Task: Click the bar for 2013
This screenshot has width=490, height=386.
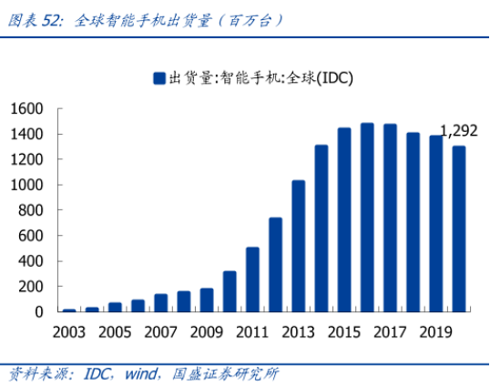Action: tap(299, 246)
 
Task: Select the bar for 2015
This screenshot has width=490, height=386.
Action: tap(344, 220)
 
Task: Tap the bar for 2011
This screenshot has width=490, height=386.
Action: tap(252, 279)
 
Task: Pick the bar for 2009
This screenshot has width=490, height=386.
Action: tap(207, 300)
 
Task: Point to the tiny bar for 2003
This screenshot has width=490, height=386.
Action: tap(69, 310)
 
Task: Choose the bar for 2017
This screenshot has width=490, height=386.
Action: tap(391, 218)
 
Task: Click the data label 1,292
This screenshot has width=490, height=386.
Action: tap(459, 131)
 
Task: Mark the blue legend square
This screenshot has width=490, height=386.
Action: tap(159, 78)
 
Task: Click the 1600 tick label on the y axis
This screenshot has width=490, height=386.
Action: tap(27, 109)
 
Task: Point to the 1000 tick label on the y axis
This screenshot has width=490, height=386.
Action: tap(27, 185)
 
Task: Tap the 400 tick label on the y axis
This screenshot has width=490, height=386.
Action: tap(31, 261)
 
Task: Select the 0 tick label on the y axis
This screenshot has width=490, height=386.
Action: tap(39, 312)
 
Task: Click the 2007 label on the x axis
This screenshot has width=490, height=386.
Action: tap(160, 332)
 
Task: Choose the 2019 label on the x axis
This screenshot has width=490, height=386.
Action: tap(436, 332)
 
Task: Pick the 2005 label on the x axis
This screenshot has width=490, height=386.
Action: tap(115, 332)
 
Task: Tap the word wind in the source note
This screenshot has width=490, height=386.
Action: tap(141, 373)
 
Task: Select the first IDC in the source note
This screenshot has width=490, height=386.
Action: tap(97, 374)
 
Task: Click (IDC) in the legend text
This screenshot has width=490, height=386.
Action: tap(334, 78)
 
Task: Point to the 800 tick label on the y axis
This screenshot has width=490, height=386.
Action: tap(31, 210)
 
